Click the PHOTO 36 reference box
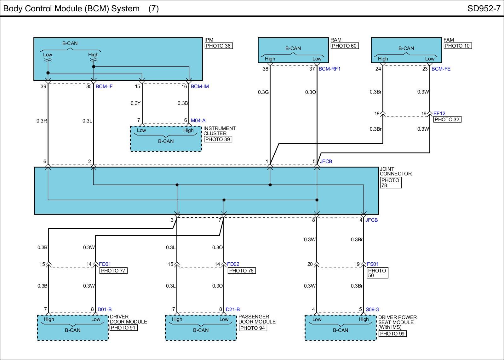pos(219,46)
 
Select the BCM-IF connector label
pos(104,87)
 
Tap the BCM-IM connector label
pos(200,87)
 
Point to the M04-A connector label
pos(198,121)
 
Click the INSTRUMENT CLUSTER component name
pos(220,131)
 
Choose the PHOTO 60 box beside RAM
pos(345,46)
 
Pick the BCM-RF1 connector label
pos(329,69)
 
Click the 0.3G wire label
pos(263,92)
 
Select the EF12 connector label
pos(439,114)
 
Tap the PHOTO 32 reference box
pos(447,119)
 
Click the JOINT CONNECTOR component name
pos(396,171)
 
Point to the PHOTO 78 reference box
pos(391,183)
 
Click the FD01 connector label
pos(105,264)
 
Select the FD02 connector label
pos(233,264)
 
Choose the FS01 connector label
pos(373,264)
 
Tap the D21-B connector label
pos(233,310)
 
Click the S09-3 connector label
pos(372,310)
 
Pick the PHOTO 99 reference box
pos(392,334)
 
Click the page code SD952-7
pos(484,9)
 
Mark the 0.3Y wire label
pos(135,103)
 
